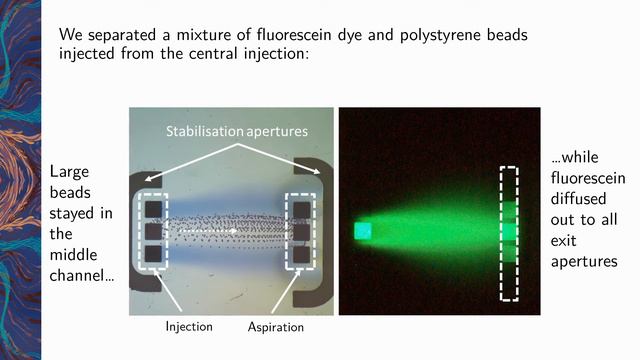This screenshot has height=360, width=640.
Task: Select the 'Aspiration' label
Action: click(x=275, y=327)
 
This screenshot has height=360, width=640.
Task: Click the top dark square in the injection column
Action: click(x=153, y=209)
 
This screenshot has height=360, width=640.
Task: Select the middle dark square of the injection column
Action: click(x=153, y=231)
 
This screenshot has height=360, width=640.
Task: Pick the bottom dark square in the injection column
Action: click(x=153, y=253)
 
